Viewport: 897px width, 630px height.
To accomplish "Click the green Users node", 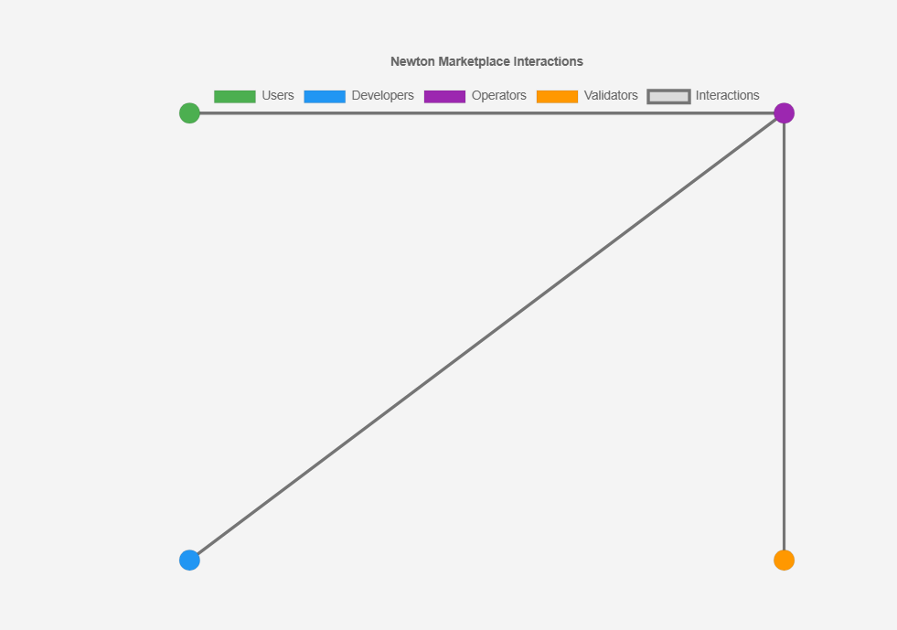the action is [189, 113].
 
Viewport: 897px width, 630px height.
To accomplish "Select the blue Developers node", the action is [189, 561].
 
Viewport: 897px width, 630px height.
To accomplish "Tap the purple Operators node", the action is [784, 113].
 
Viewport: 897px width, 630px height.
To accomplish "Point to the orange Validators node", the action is [784, 561].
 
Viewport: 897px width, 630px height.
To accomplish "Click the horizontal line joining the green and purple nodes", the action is [486, 113].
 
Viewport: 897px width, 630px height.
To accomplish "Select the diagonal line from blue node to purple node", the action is [486, 336].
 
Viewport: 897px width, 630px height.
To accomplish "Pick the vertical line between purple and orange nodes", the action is [784, 336].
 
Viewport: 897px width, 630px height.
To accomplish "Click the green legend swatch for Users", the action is [235, 97].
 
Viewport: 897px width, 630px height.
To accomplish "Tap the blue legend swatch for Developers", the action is [325, 97].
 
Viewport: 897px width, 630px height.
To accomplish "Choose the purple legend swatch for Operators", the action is [444, 97].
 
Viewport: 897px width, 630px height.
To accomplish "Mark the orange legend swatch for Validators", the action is [557, 97].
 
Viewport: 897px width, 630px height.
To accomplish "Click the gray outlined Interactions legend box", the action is [668, 91].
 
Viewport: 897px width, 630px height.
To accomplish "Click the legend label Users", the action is [278, 96].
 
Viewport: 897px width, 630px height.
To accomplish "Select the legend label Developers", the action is [383, 96].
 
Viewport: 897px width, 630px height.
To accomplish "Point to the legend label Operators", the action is [499, 96].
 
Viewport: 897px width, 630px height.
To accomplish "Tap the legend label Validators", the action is [611, 96].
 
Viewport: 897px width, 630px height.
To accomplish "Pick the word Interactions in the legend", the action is [728, 96].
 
